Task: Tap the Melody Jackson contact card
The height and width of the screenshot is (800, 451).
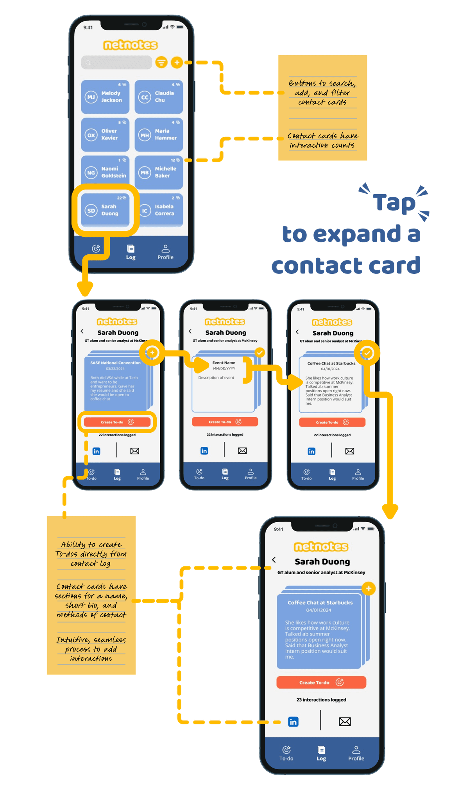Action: coord(105,97)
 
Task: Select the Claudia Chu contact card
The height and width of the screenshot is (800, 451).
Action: coord(159,97)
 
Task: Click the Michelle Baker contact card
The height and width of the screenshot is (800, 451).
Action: coord(159,172)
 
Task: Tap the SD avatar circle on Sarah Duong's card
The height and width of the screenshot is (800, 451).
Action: coord(91,211)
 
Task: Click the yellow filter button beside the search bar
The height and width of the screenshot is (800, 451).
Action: coord(161,62)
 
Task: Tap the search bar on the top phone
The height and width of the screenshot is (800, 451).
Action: coord(116,62)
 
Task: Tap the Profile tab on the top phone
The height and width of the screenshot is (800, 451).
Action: coord(165,252)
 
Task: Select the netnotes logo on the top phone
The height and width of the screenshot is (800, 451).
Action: coord(131,45)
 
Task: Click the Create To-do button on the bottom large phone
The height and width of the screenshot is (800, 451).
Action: coord(321,682)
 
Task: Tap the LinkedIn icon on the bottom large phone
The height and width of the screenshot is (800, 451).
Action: coord(293,721)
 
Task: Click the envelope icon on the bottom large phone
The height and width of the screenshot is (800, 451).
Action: coord(345,721)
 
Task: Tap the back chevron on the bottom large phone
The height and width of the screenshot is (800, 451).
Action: coord(274,560)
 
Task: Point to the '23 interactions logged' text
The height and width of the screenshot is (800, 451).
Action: coord(321,700)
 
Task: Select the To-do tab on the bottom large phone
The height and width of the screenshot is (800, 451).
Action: coord(286,753)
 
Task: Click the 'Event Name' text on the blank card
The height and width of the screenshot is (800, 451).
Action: coord(224,362)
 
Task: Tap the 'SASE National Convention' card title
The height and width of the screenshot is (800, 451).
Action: coord(115,363)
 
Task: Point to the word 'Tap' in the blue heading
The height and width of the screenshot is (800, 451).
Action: coord(394,203)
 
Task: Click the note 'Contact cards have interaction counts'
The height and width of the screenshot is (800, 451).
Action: coord(323,140)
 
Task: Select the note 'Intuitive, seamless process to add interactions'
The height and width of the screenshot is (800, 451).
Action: coord(91,649)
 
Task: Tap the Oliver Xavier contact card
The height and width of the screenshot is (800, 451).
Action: coord(105,135)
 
